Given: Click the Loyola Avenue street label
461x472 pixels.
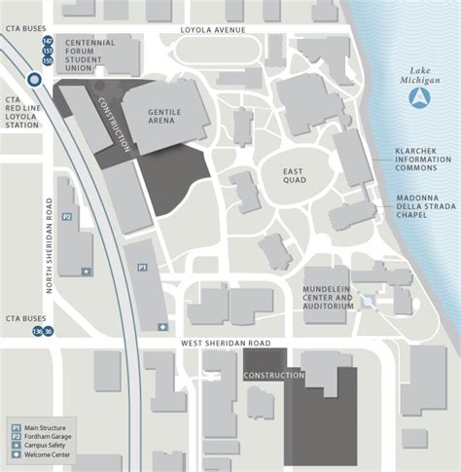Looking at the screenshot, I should pos(213,30).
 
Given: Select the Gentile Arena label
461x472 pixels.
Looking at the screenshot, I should pos(164,118).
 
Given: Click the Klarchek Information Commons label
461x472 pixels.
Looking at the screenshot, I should pos(421,160).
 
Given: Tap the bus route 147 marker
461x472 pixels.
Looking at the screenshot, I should pos(47,42).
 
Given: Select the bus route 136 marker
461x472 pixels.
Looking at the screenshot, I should pos(37,332).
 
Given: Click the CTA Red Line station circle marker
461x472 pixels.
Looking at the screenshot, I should pos(35,81).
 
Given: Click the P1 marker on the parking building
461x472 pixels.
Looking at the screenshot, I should pos(141,266).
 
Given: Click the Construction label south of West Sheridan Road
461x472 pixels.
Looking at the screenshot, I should pos(267,376).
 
